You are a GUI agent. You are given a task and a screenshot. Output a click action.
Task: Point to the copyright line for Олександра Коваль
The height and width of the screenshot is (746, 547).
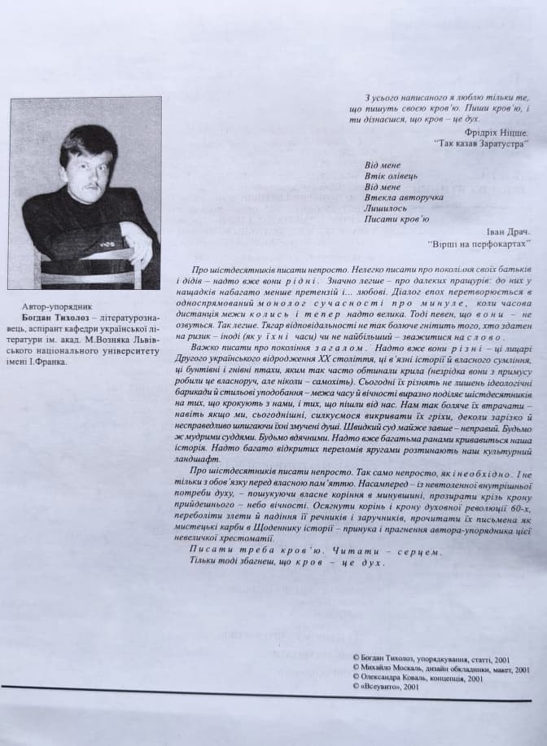click(x=420, y=677)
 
